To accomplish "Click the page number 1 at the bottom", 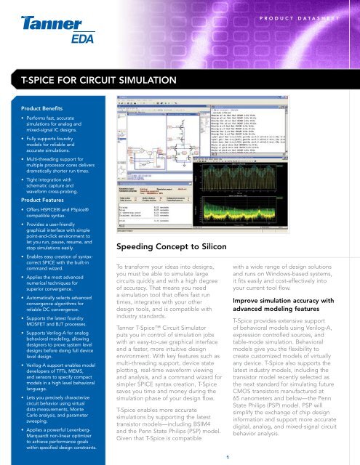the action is (x=227, y=456).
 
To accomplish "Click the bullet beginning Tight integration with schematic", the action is (x=51, y=177).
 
